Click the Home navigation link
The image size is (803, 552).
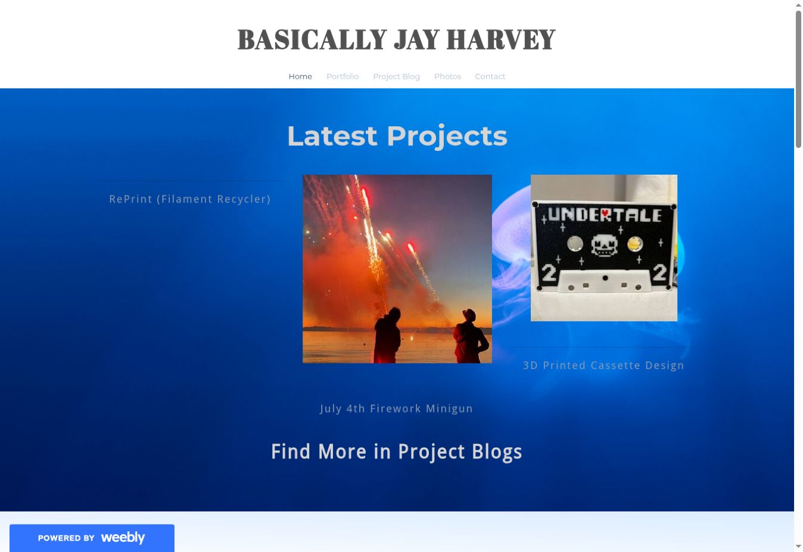pyautogui.click(x=300, y=76)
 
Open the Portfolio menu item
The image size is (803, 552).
pyautogui.click(x=343, y=76)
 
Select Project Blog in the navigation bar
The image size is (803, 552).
pyautogui.click(x=396, y=77)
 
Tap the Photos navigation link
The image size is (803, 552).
pyautogui.click(x=447, y=76)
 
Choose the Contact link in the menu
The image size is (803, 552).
pyautogui.click(x=490, y=76)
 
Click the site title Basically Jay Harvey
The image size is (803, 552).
pyautogui.click(x=397, y=39)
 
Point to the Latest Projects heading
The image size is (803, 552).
pyautogui.click(x=397, y=136)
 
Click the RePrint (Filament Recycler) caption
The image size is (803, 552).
pyautogui.click(x=189, y=199)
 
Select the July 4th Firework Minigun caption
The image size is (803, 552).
pyautogui.click(x=396, y=408)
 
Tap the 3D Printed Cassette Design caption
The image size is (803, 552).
pyautogui.click(x=603, y=365)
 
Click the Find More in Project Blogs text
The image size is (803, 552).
pyautogui.click(x=397, y=452)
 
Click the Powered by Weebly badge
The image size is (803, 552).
pyautogui.click(x=92, y=538)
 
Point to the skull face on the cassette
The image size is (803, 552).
pyautogui.click(x=604, y=246)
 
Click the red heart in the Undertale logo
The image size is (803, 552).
pyautogui.click(x=605, y=213)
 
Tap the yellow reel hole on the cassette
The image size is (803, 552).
pyautogui.click(x=634, y=244)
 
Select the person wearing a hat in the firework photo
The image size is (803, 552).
pyautogui.click(x=471, y=336)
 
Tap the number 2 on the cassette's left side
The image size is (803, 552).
pyautogui.click(x=548, y=272)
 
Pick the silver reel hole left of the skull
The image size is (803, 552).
pyautogui.click(x=575, y=244)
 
